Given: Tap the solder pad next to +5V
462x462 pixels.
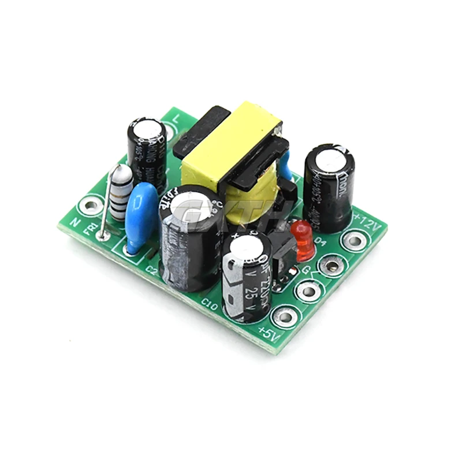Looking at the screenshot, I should click(x=284, y=315).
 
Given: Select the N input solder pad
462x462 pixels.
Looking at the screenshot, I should click(x=90, y=205).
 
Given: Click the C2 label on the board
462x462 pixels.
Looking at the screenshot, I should click(x=151, y=269).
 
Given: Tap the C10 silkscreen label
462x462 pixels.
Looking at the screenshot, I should click(x=208, y=304).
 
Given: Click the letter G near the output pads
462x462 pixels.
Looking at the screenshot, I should click(x=307, y=269).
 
